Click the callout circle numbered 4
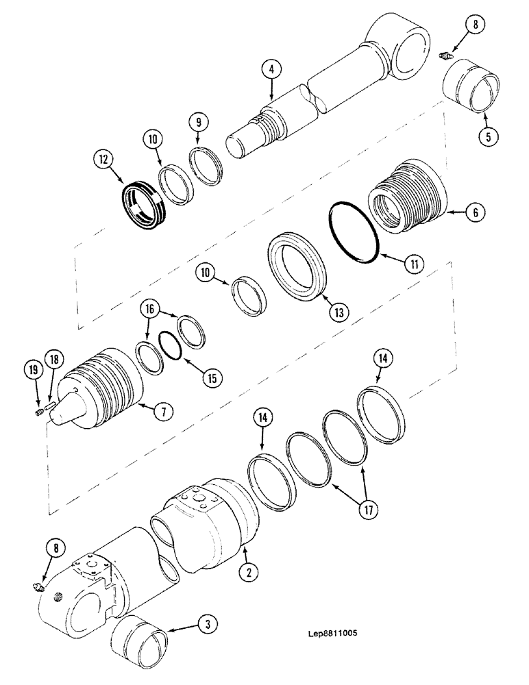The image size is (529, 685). pyautogui.click(x=271, y=69)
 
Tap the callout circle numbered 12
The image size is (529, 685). pyautogui.click(x=104, y=162)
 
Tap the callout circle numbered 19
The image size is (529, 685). pyautogui.click(x=31, y=371)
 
